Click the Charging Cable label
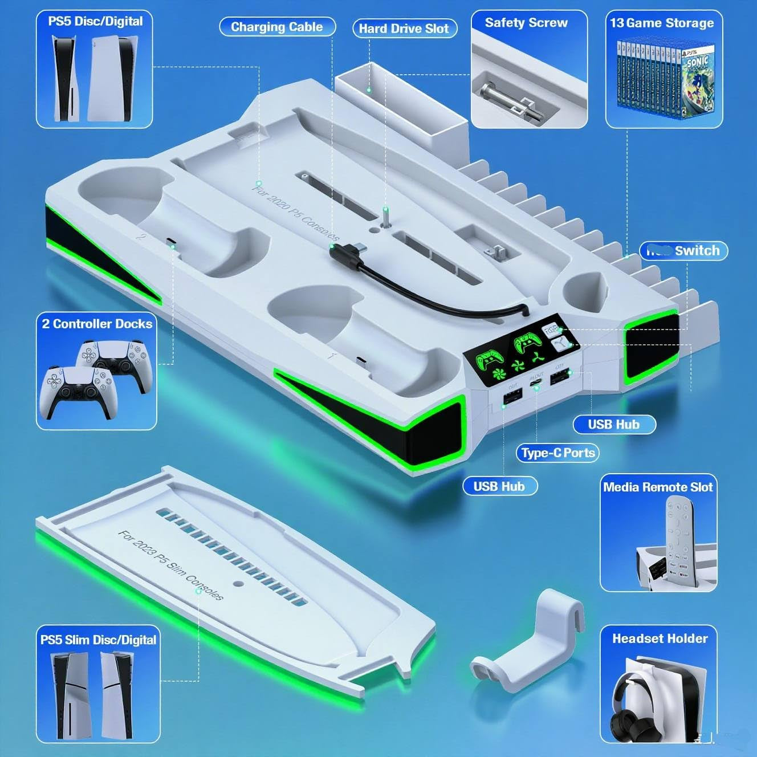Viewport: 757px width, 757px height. point(277,27)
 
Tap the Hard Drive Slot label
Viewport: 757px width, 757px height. point(404,29)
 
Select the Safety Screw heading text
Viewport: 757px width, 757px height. point(526,23)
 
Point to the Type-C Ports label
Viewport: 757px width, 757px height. point(558,453)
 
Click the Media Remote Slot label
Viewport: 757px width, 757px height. point(658,487)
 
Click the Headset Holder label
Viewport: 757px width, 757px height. point(660,638)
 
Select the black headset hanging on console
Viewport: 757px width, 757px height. point(628,713)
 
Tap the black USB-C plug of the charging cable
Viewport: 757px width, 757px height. point(345,251)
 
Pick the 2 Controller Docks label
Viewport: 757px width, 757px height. point(97,324)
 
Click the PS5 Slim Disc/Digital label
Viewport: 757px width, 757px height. point(98,640)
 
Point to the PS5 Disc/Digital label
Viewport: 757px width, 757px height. point(95,22)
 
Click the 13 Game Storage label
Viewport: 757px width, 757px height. point(662,23)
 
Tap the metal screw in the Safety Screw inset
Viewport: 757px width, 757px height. point(502,96)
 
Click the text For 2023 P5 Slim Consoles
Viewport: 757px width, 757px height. point(170,564)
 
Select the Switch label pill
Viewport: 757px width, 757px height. point(683,251)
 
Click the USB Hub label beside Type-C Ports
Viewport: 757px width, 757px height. point(614,424)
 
